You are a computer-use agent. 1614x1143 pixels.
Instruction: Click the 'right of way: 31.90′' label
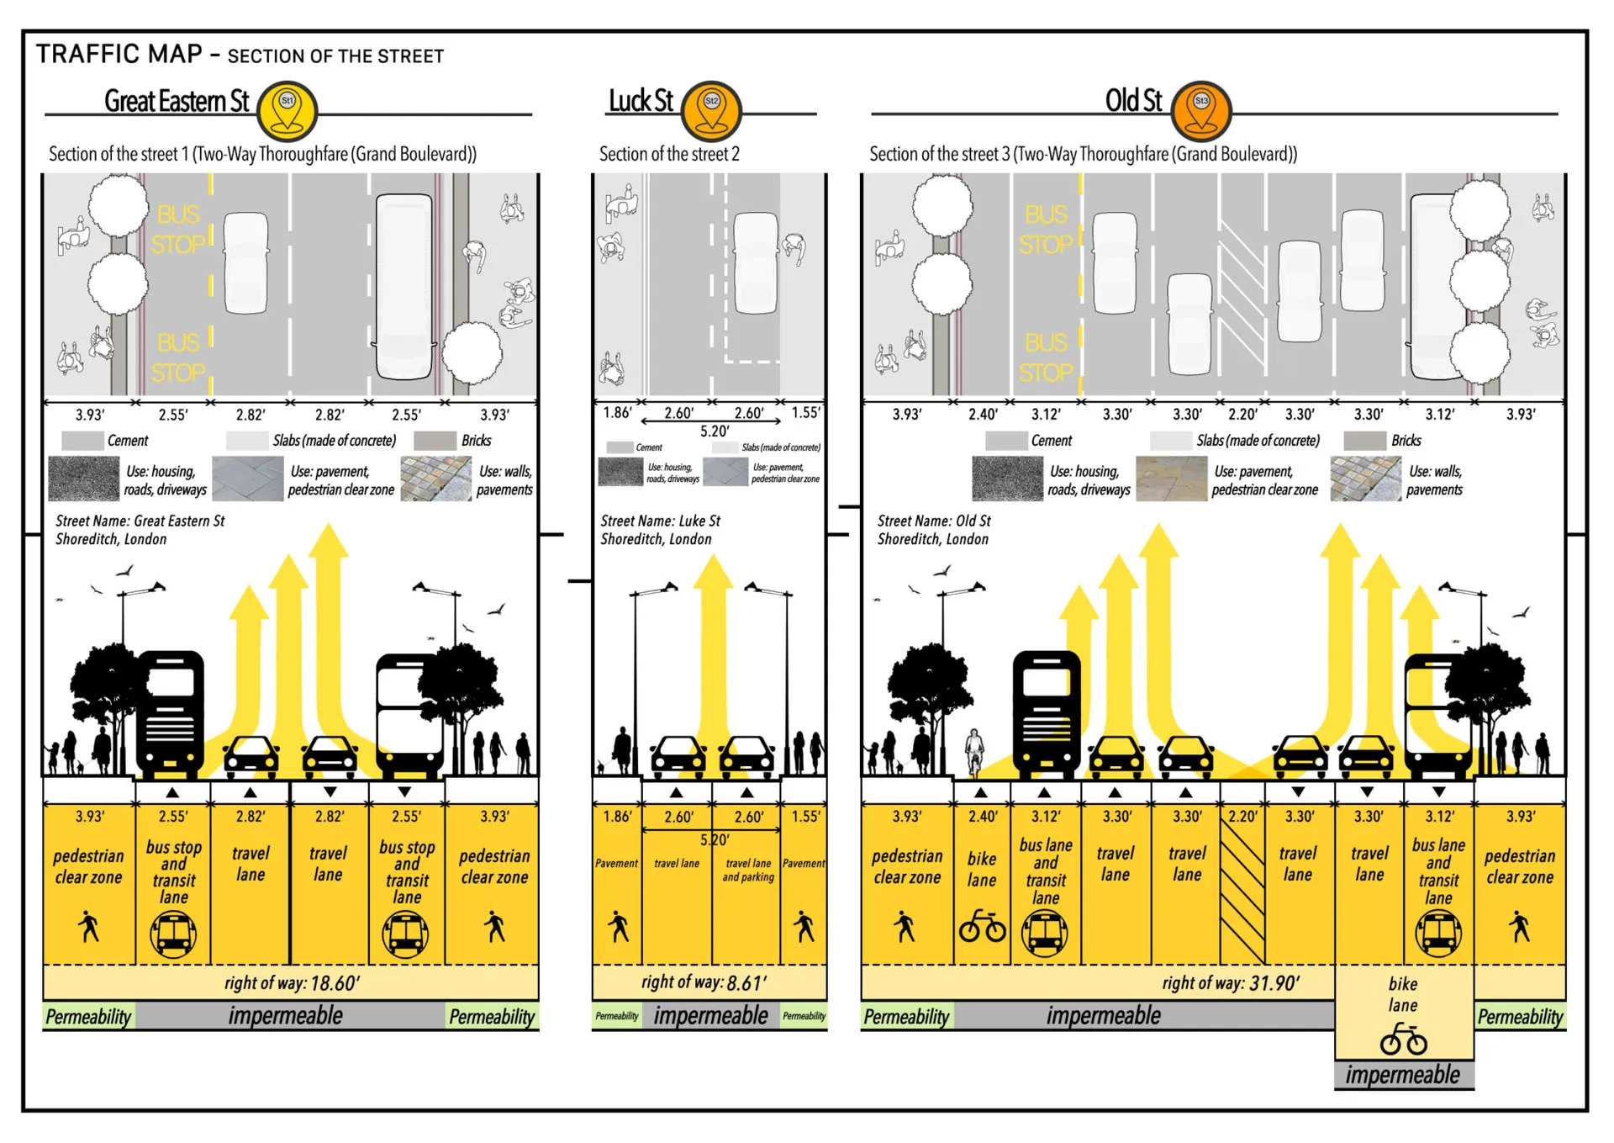1231,982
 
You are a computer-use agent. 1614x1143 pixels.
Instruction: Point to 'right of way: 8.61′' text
704,982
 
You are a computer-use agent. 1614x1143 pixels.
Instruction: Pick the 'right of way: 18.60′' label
292,982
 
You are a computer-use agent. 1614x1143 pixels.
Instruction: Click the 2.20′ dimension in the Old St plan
1242,415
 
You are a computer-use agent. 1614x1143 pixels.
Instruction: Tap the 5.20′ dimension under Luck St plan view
715,431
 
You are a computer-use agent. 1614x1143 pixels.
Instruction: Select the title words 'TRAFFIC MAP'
119,54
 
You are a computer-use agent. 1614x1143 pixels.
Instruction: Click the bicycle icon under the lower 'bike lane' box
1403,1040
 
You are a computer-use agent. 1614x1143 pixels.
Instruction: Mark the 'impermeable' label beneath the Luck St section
710,1016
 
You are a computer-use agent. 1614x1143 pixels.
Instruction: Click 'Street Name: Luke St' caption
660,521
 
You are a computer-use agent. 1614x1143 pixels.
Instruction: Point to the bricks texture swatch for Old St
1365,479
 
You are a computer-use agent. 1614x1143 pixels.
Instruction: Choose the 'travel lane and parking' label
747,870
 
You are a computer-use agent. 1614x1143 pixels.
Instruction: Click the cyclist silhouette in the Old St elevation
973,751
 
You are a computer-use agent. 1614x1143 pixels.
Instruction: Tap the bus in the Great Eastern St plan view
403,286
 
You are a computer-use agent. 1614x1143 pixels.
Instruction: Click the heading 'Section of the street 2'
669,154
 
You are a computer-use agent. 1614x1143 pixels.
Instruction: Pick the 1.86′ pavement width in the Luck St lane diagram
617,817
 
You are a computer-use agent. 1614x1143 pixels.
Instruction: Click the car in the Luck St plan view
755,262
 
